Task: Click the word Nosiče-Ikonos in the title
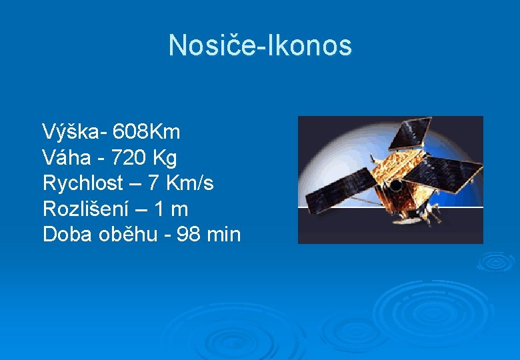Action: click(260, 45)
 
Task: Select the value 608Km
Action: click(147, 132)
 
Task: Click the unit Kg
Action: click(165, 158)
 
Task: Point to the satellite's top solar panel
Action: click(410, 133)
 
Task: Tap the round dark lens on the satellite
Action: click(395, 186)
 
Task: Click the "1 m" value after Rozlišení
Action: click(171, 209)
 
